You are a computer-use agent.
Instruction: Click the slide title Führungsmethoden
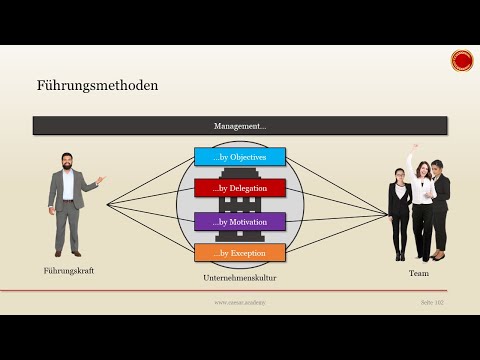(97, 85)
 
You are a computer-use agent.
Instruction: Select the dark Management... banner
(240, 126)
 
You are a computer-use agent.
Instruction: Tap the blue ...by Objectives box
(240, 157)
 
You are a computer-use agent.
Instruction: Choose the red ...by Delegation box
(240, 188)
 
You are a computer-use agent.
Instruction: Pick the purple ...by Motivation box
(240, 220)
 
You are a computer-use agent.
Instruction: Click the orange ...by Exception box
(240, 252)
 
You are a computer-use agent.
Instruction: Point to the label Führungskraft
(68, 271)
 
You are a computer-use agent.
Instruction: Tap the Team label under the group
(418, 271)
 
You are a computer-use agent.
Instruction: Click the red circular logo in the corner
(462, 61)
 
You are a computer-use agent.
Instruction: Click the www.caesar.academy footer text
(239, 301)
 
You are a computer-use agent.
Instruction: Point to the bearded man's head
(67, 161)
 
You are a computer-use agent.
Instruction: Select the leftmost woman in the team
(400, 215)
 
